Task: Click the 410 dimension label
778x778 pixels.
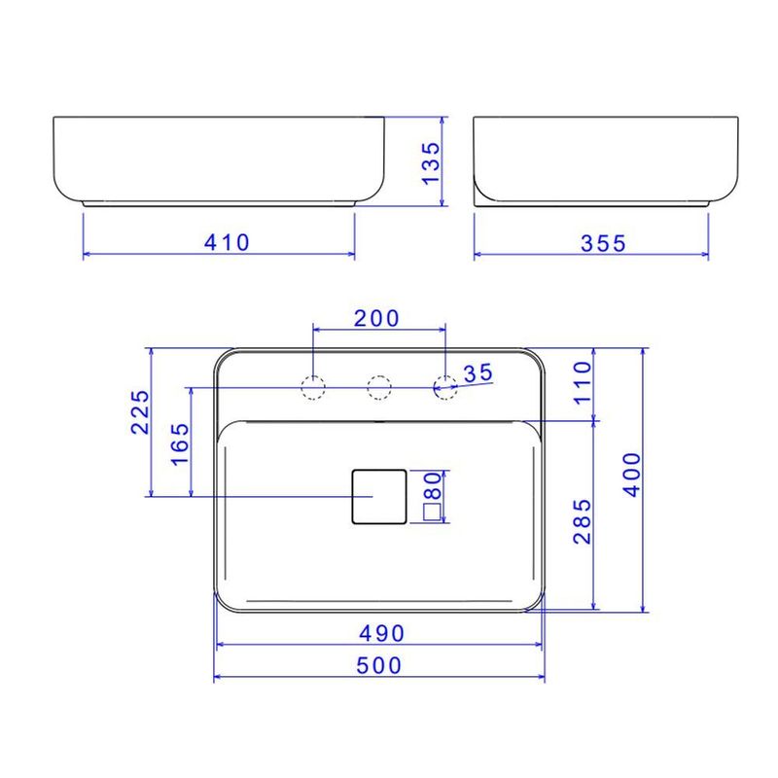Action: click(227, 242)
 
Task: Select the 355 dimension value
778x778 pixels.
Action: click(603, 243)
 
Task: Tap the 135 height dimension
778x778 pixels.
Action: click(431, 163)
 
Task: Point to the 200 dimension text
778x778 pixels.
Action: click(376, 319)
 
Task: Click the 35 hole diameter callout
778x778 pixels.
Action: click(477, 373)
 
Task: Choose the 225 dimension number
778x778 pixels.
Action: click(140, 412)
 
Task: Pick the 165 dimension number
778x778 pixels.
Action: click(180, 444)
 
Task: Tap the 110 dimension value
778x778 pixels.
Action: click(583, 383)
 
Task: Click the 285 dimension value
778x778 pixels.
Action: click(583, 521)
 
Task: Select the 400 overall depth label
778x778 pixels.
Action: click(633, 475)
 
